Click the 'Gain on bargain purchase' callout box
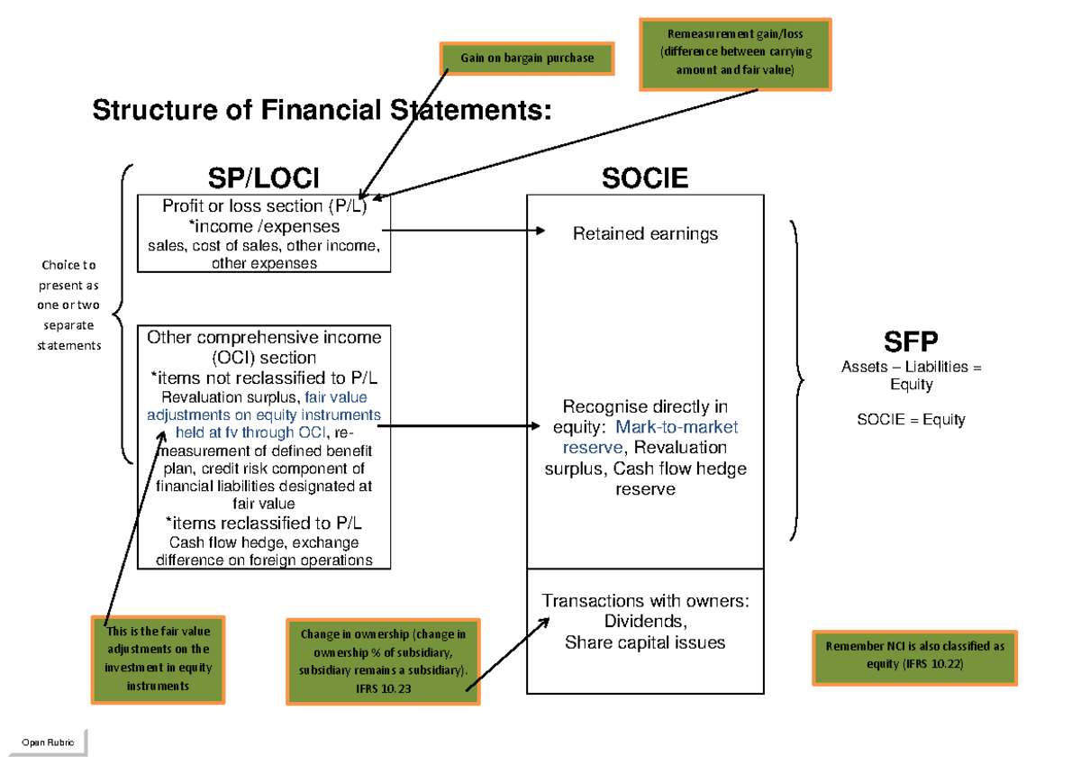[527, 59]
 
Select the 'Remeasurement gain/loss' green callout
[735, 53]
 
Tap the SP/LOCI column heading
[264, 178]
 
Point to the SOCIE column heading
[645, 178]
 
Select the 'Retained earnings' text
[645, 234]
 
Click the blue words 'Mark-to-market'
[677, 427]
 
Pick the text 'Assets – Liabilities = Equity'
[910, 376]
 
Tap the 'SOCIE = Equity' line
[910, 420]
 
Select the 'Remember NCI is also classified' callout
[914, 656]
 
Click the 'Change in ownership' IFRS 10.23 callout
[383, 661]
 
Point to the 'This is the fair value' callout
[158, 659]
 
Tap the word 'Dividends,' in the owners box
[645, 622]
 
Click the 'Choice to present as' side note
[69, 305]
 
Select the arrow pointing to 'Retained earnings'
[468, 231]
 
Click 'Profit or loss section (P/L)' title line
[263, 206]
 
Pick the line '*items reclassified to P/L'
[264, 524]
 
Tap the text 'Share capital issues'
[645, 642]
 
